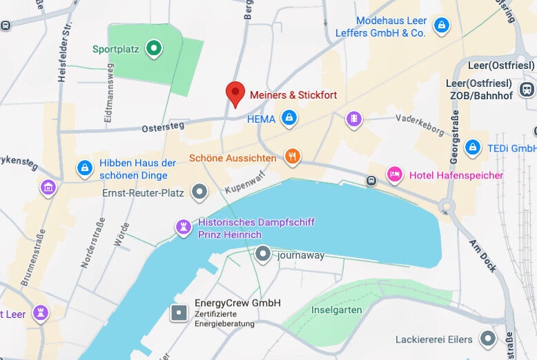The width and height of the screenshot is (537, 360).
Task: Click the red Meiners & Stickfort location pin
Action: pos(235,93)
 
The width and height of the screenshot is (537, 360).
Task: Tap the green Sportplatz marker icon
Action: pos(155,48)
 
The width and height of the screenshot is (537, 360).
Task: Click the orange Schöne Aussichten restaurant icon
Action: pos(293,157)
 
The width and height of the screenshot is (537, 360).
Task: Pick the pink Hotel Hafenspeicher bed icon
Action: pos(394,174)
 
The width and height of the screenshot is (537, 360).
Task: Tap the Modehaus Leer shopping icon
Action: pos(440,26)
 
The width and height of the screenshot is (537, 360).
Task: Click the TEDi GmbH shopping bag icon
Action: pos(473,148)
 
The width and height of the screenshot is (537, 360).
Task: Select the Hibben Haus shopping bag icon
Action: pos(85,168)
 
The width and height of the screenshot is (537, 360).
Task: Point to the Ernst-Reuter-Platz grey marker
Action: pos(199,192)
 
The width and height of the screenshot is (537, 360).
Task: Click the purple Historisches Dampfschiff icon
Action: pos(183,228)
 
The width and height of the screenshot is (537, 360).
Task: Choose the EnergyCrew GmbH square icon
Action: pos(179,312)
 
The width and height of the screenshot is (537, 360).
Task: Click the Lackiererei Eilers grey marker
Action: pos(489,339)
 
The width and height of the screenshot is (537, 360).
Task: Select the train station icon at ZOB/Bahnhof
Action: pos(527,89)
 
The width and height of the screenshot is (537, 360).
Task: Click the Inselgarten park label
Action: pos(337,310)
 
